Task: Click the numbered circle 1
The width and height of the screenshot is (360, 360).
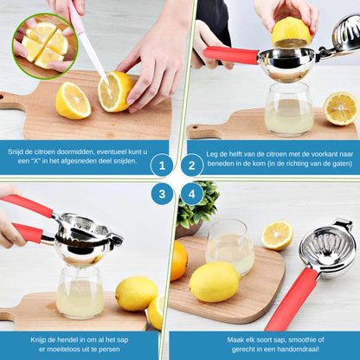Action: pyautogui.click(x=162, y=165)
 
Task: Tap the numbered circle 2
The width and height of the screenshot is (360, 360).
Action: pyautogui.click(x=192, y=165)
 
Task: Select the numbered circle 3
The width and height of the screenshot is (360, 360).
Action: pyautogui.click(x=162, y=194)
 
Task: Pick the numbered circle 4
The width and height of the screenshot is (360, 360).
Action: pyautogui.click(x=192, y=194)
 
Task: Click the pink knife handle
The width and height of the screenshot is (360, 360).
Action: pyautogui.click(x=76, y=16)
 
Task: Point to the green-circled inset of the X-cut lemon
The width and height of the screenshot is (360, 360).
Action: pyautogui.click(x=45, y=46)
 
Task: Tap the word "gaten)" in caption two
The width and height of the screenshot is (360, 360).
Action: pyautogui.click(x=342, y=164)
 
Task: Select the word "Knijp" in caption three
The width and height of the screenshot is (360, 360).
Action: pyautogui.click(x=39, y=340)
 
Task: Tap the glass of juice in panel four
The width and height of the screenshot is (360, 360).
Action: pyautogui.click(x=230, y=247)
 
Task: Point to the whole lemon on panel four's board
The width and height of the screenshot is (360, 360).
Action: pyautogui.click(x=215, y=282)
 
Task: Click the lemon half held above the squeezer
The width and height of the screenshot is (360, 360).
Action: pyautogui.click(x=291, y=32)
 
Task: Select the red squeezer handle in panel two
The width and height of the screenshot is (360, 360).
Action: pyautogui.click(x=231, y=55)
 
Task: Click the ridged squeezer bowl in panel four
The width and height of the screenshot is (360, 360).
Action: pyautogui.click(x=328, y=249)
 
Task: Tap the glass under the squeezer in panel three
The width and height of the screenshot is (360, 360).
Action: pyautogui.click(x=80, y=292)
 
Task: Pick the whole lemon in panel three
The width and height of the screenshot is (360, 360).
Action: pyautogui.click(x=137, y=293)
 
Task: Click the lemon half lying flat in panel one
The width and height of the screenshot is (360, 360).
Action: pyautogui.click(x=73, y=100)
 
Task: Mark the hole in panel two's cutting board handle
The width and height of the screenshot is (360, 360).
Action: pyautogui.click(x=195, y=127)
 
